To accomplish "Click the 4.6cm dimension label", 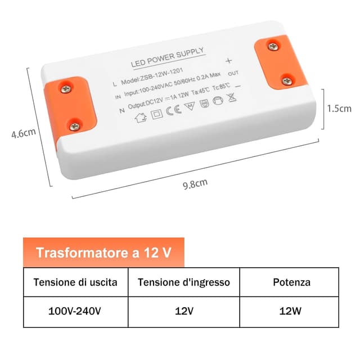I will [x=24, y=134].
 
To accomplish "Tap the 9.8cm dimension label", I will [x=195, y=183].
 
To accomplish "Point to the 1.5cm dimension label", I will [x=339, y=109].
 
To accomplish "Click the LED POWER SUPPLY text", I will [x=167, y=57].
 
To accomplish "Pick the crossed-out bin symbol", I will [x=231, y=97].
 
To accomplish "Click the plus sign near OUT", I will [x=228, y=61].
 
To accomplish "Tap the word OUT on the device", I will [x=233, y=74].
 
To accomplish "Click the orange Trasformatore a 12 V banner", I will [x=103, y=253].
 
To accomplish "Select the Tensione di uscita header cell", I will [x=75, y=282].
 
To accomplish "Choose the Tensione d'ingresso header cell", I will [x=184, y=282].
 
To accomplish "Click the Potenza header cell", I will [x=293, y=282].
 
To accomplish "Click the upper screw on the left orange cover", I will [x=66, y=88].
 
